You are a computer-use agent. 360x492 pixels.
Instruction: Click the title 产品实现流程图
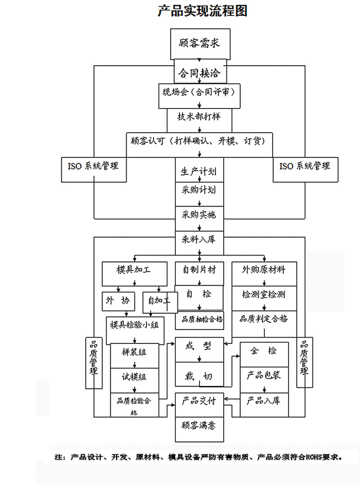pos(202,11)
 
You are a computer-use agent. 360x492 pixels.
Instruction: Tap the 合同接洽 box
pos(199,73)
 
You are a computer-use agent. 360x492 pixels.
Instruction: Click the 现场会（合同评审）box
pos(199,94)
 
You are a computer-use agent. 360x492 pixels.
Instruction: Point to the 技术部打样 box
pos(199,117)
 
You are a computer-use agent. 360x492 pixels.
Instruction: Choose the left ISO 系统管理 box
pos(94,167)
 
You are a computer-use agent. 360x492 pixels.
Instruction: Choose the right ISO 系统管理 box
pos(305,167)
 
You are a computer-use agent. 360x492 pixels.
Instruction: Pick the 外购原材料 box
pos(264,269)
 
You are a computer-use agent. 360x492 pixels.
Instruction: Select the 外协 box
pos(118,301)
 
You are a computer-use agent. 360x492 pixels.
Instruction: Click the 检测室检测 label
pos(264,295)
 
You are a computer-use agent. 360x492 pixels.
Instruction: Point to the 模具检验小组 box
pos(135,325)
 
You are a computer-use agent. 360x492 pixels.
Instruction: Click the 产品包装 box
pos(264,375)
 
